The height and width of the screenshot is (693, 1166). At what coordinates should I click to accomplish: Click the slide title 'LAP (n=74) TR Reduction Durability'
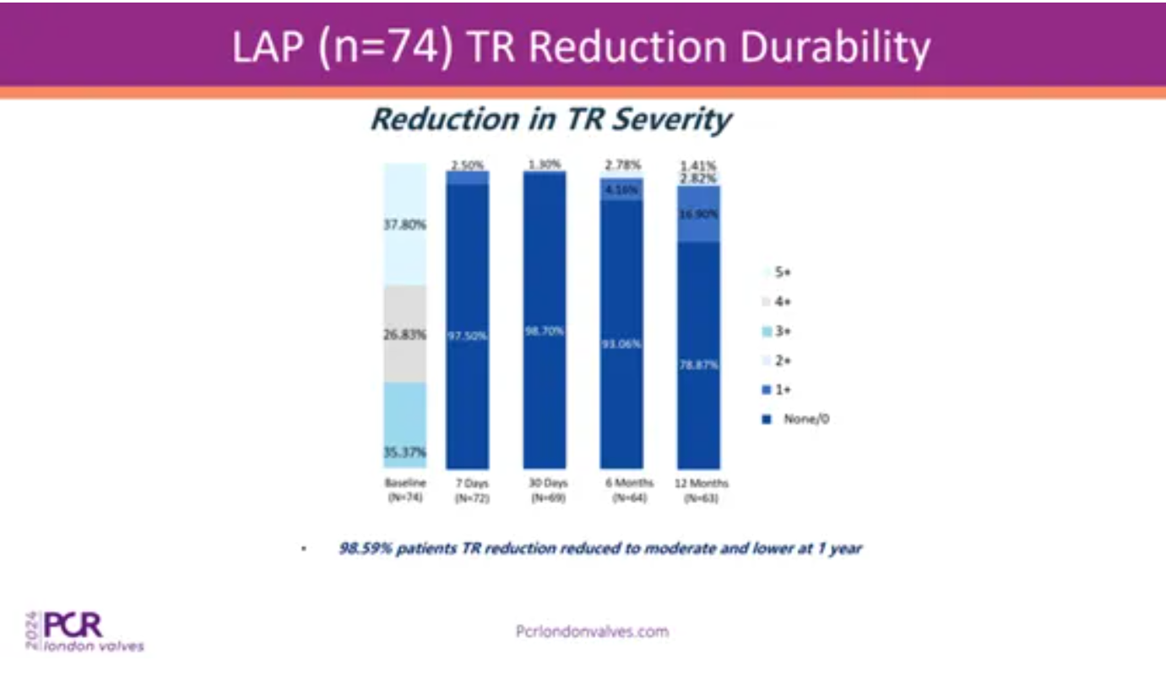coord(583,48)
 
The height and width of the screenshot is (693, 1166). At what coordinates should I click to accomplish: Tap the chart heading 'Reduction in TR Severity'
coord(551,119)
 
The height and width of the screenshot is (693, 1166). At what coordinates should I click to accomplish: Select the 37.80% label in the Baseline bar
coord(405,225)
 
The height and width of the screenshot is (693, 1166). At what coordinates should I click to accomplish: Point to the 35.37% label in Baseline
coord(405,452)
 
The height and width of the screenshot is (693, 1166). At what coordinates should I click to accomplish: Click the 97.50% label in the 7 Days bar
coord(467,335)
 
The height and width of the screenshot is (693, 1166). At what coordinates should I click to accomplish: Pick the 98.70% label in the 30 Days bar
coord(545,332)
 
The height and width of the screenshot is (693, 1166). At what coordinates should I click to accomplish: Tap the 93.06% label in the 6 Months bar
coord(621,344)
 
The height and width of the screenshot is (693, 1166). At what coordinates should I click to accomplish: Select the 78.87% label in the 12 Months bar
coord(698,365)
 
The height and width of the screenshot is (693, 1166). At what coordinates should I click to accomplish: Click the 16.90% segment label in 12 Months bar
coord(698,214)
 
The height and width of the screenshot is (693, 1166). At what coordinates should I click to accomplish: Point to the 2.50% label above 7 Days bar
coord(467,165)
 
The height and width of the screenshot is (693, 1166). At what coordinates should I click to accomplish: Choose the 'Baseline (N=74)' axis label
coord(405,490)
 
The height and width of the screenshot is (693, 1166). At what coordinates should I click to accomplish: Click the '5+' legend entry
coord(781,273)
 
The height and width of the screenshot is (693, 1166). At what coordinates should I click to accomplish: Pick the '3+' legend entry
coord(781,331)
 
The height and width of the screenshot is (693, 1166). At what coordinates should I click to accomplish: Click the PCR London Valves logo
coord(84,631)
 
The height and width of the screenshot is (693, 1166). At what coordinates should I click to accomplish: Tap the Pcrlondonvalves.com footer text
coord(591,631)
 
